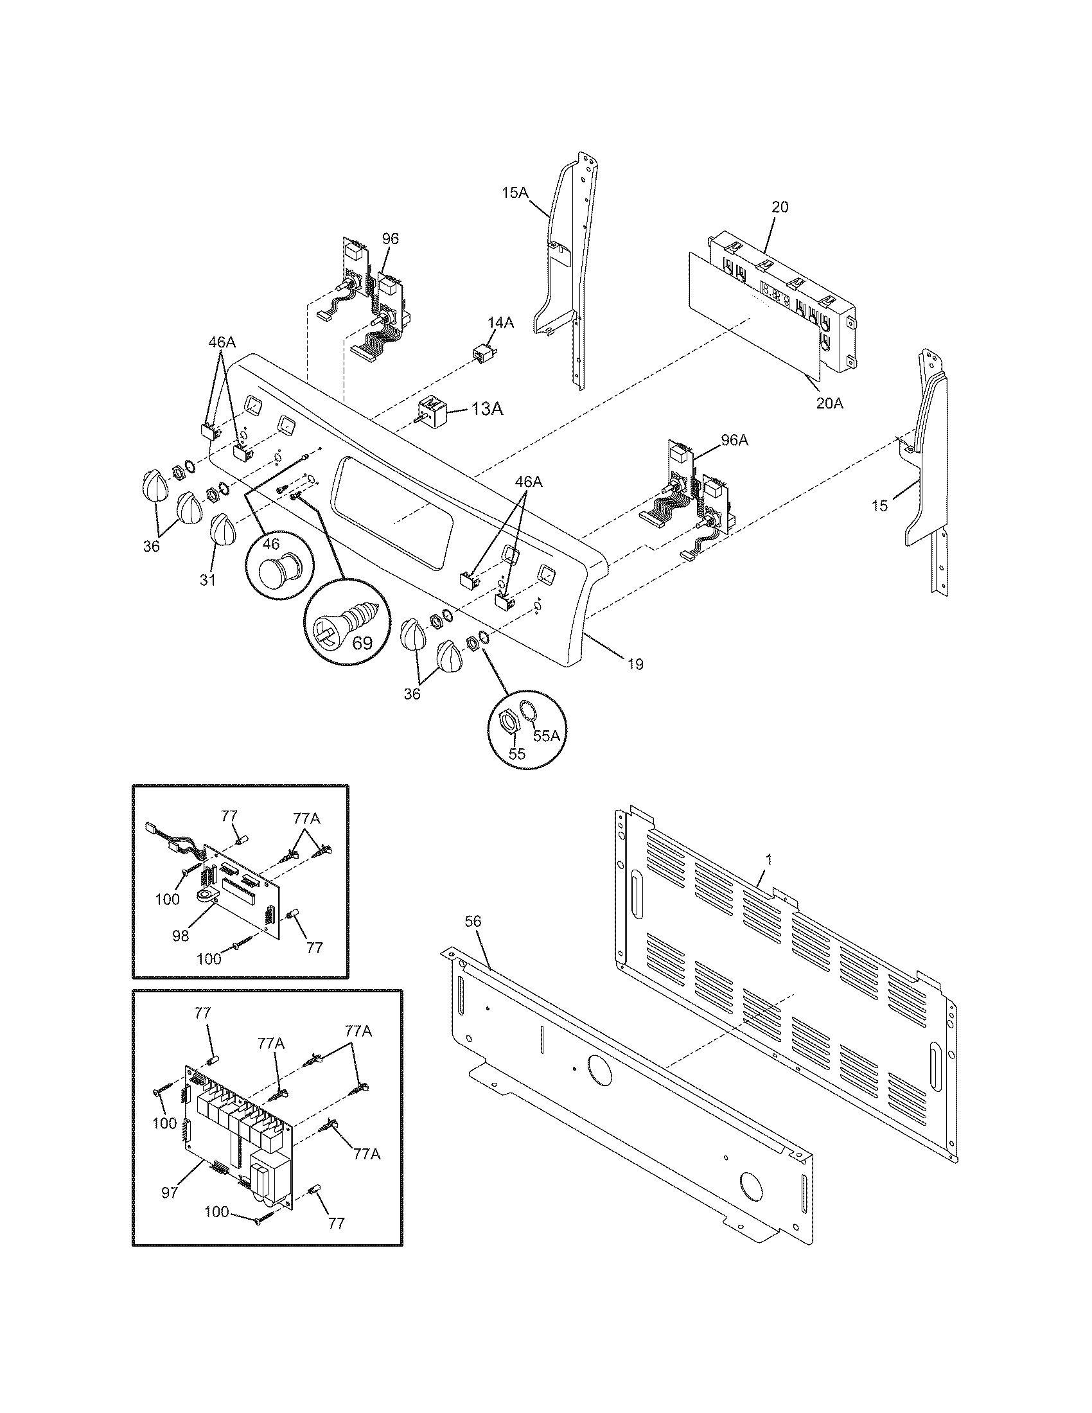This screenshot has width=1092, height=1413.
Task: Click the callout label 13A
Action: (x=487, y=409)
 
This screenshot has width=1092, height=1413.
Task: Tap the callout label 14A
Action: (x=500, y=323)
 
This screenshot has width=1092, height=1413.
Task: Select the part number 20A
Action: (x=829, y=403)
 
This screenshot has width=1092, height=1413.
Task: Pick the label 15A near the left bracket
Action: (x=515, y=192)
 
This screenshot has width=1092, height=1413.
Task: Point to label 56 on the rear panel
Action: (x=473, y=921)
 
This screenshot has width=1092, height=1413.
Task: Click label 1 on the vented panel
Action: (x=768, y=859)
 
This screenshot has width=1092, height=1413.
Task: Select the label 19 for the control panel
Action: (x=635, y=664)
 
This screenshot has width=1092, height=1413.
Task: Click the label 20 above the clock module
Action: (x=780, y=207)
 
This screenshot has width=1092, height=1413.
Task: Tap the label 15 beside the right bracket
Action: (x=879, y=505)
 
